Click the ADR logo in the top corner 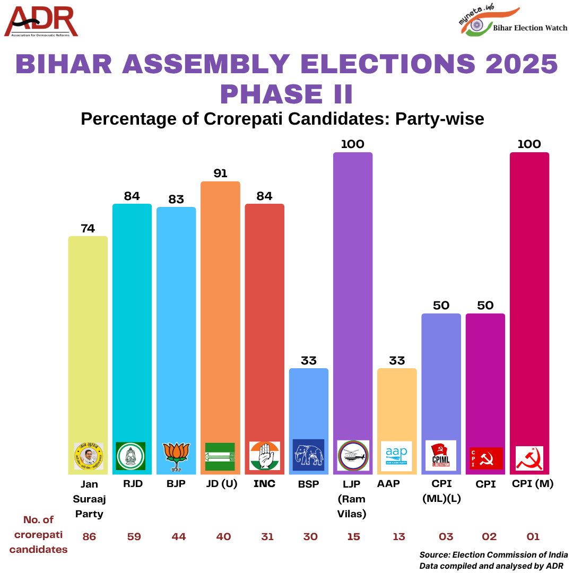tap(41, 22)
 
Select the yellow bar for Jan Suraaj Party tap(88, 340)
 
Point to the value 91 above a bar tap(220, 173)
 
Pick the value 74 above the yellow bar tap(88, 228)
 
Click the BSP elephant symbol tap(308, 455)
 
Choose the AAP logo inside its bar tap(397, 455)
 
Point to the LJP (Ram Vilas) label tap(352, 499)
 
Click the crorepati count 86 tap(89, 537)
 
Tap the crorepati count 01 tap(532, 537)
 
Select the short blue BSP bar tap(308, 403)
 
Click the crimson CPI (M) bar tap(529, 297)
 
